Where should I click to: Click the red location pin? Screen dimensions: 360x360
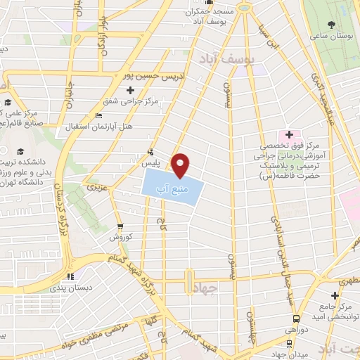click(x=181, y=165)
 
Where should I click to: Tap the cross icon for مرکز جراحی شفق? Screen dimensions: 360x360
click(x=129, y=90)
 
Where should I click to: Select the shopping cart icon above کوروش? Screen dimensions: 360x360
click(x=120, y=227)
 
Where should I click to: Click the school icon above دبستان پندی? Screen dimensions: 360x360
click(x=69, y=276)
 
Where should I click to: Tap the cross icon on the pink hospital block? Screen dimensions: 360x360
click(x=289, y=133)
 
